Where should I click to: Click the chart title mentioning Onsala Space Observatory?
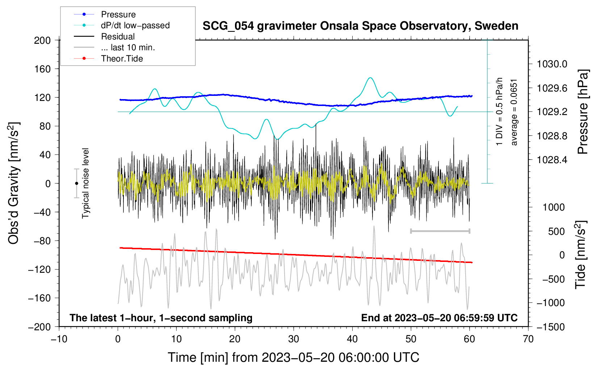360,26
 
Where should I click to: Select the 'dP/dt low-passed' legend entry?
122,25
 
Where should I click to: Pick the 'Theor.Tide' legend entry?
108,59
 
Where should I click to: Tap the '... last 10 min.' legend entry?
114,47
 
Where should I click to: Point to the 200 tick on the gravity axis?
42,41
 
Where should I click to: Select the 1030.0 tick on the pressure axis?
552,64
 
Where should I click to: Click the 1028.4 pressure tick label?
552,160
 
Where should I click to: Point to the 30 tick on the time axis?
294,339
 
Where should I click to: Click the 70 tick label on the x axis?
528,339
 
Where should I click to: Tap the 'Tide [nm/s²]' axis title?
581,255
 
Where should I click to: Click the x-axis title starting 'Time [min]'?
294,357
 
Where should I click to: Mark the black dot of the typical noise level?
76,183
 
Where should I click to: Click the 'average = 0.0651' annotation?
514,113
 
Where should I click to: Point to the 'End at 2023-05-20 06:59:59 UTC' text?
439,318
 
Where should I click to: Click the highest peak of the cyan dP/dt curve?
370,78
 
